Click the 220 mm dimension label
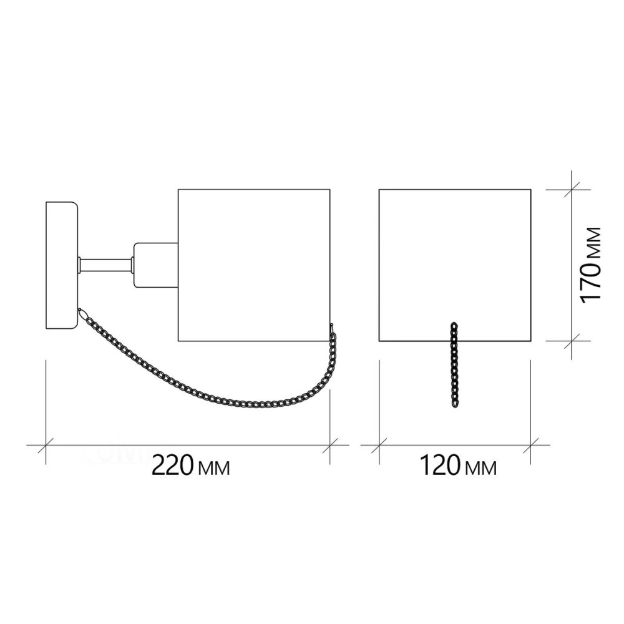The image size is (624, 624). (190, 466)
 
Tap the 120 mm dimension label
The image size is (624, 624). (458, 466)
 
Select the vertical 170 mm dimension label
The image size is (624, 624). (590, 265)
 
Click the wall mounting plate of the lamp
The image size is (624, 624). (62, 265)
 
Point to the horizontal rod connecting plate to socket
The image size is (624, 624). (106, 265)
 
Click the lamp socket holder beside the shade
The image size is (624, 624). (156, 265)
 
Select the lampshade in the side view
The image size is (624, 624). (254, 265)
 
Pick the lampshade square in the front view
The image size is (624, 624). (455, 265)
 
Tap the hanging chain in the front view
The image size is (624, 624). (454, 365)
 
